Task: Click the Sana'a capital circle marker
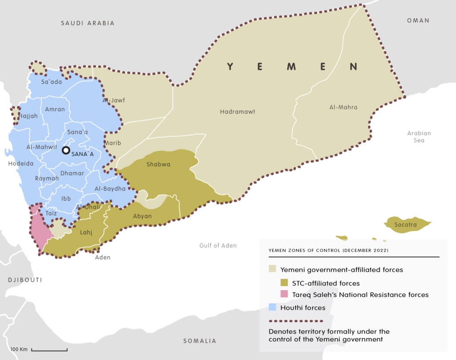[66, 150]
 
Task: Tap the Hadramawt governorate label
[237, 112]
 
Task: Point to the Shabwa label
[159, 164]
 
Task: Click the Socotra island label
[405, 225]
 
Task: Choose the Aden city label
[102, 257]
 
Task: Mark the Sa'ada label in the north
[51, 81]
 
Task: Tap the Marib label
[113, 143]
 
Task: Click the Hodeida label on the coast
[20, 164]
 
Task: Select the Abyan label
[142, 216]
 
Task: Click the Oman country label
[418, 20]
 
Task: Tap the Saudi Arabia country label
[88, 23]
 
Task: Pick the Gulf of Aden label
[217, 246]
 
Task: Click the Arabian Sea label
[419, 137]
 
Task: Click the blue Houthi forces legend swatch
[273, 307]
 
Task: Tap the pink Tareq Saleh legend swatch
[284, 294]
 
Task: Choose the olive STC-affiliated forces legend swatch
[284, 283]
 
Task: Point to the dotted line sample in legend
[295, 320]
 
